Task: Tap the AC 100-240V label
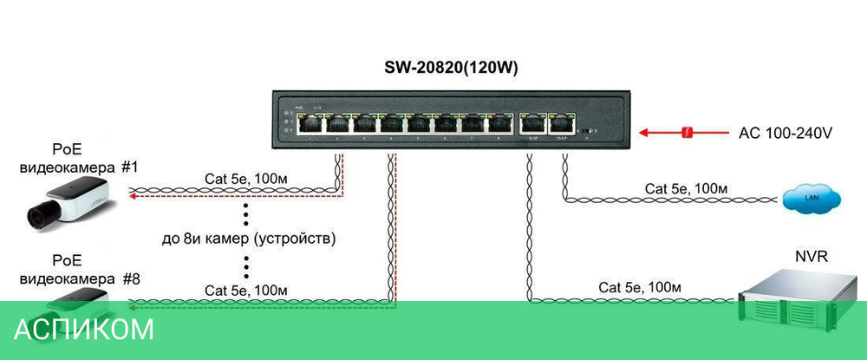[786, 134]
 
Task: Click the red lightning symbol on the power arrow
[688, 134]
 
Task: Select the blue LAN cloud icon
[812, 199]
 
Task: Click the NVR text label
[811, 258]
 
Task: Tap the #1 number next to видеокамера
[130, 166]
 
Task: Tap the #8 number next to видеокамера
[131, 279]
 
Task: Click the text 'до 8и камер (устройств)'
[250, 237]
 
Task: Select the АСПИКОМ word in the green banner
[84, 330]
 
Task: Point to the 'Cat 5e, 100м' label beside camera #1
[246, 180]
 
